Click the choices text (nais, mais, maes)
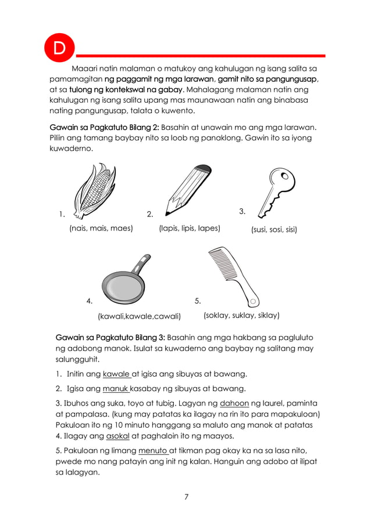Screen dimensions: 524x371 101,228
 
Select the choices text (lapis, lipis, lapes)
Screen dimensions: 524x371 190,228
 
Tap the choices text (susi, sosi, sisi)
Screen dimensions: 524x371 274,230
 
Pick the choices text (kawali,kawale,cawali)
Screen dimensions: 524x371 139,316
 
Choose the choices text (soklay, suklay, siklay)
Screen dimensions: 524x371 241,316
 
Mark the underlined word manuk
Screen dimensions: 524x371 115,388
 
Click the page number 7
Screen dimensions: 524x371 185,497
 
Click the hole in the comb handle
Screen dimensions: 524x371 253,301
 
